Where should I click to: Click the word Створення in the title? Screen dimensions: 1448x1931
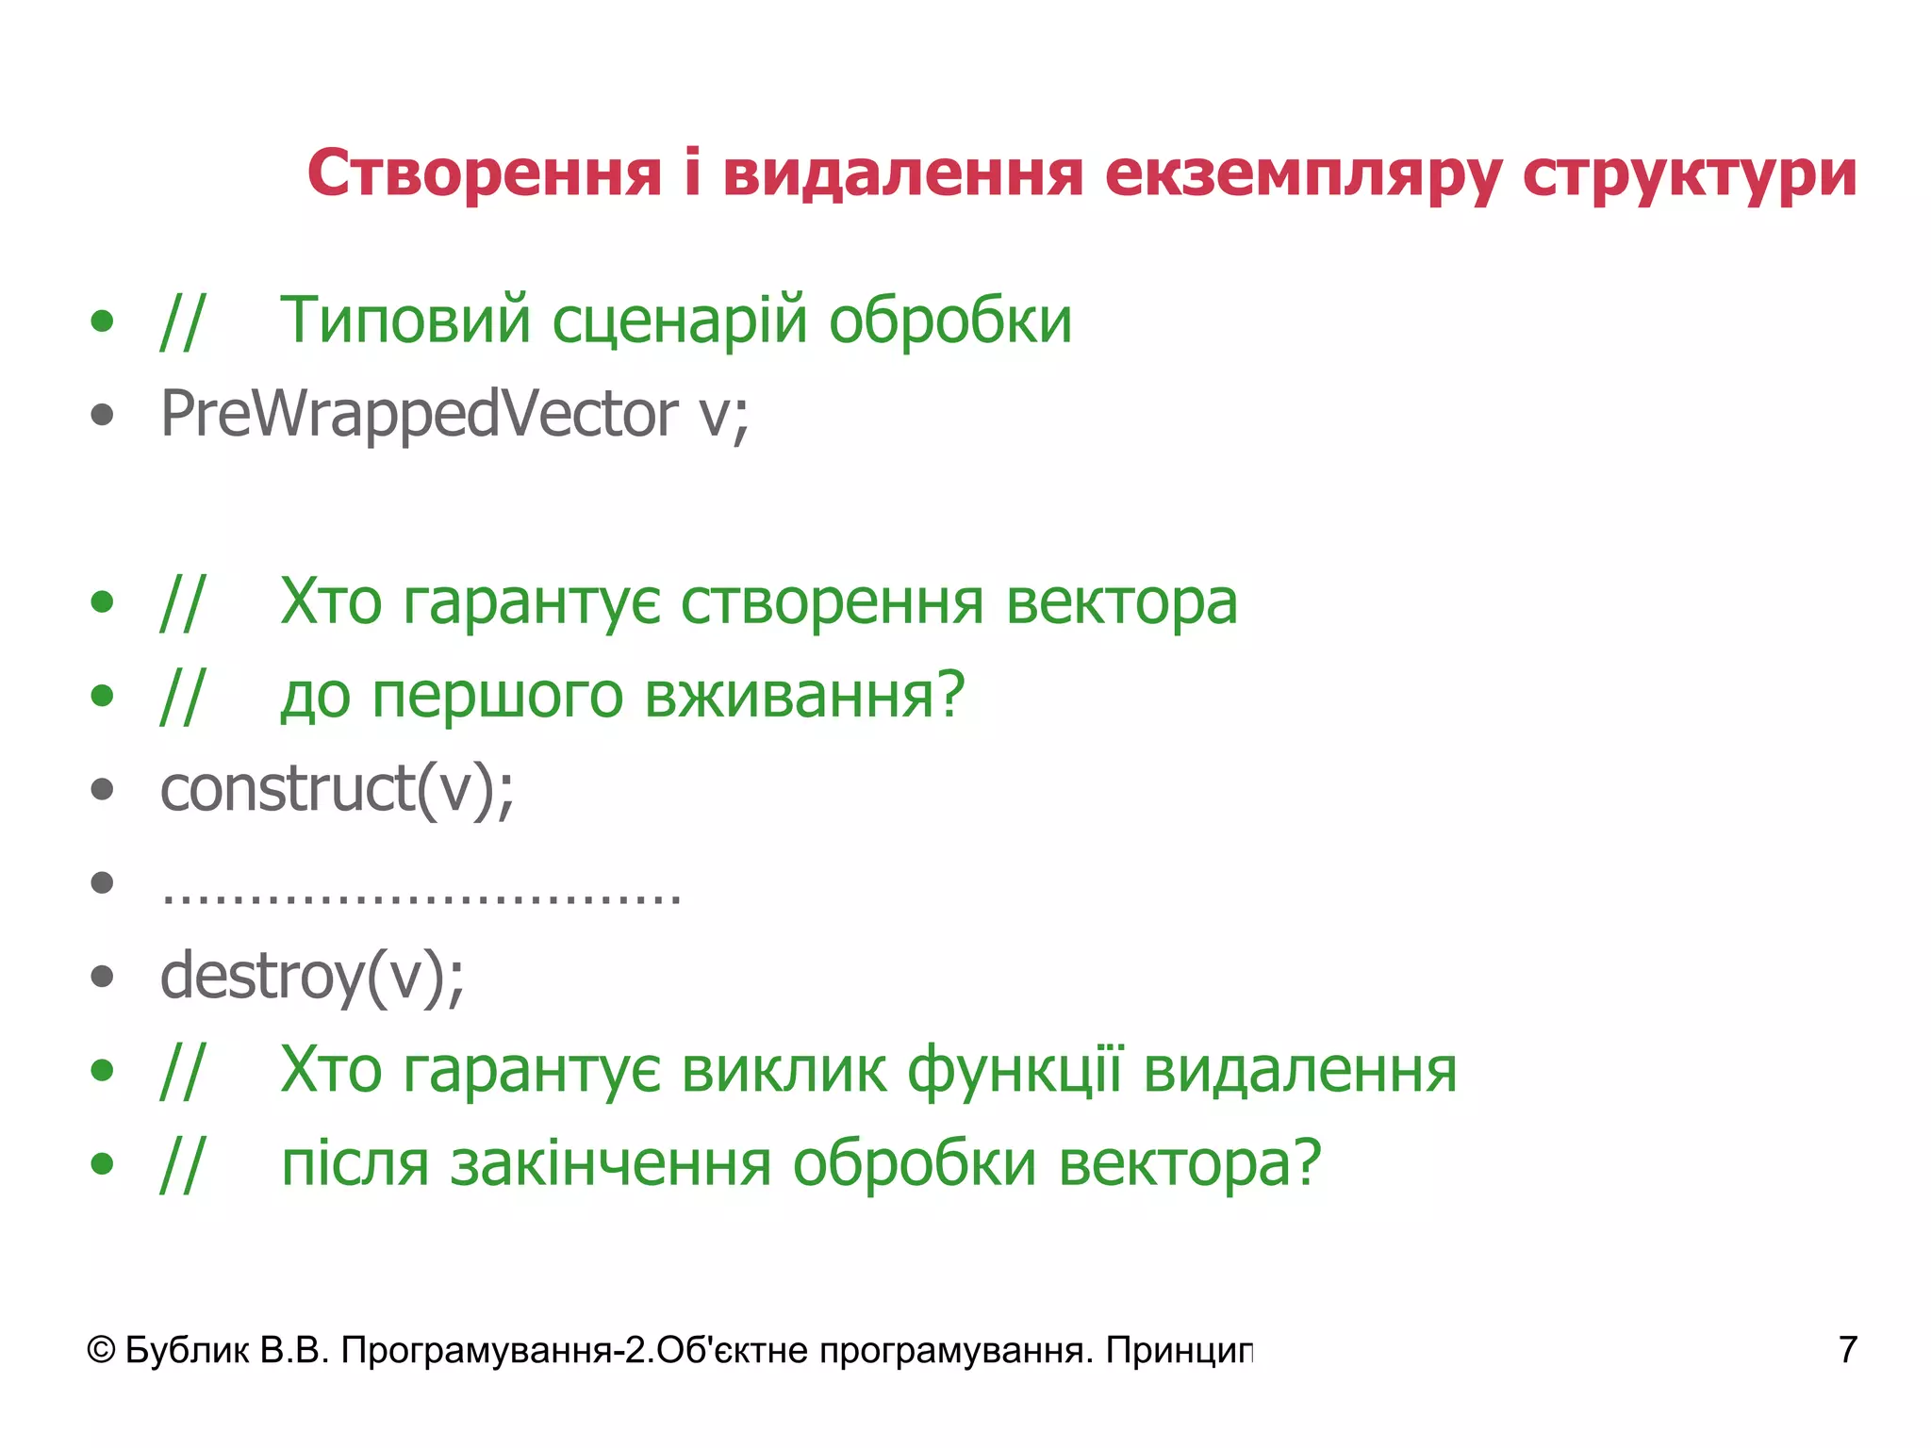click(x=485, y=173)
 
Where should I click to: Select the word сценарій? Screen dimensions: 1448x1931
click(x=680, y=321)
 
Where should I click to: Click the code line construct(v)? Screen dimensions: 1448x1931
click(x=337, y=789)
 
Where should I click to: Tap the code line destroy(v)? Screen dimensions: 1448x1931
click(x=312, y=977)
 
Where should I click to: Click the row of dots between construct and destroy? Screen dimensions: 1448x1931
click(x=421, y=893)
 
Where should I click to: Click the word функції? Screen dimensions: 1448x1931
click(x=1015, y=1071)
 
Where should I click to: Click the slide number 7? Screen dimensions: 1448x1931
click(x=1847, y=1350)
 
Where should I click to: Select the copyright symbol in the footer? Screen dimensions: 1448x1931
click(x=102, y=1351)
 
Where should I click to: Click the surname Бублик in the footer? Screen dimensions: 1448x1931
click(x=187, y=1351)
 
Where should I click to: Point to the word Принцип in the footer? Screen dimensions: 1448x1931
click(x=1180, y=1351)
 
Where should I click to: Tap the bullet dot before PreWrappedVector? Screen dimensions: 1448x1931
click(x=102, y=415)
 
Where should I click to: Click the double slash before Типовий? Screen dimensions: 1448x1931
click(x=181, y=321)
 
